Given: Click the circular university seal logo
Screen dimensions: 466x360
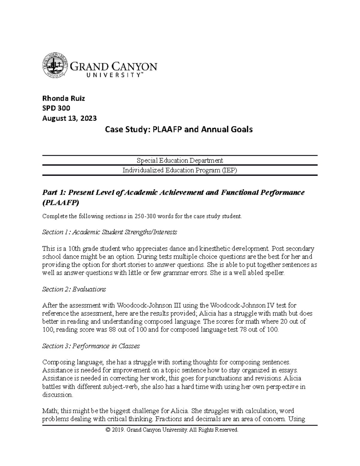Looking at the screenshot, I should click(x=55, y=65).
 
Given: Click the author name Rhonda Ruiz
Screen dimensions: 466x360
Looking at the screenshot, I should click(x=64, y=98).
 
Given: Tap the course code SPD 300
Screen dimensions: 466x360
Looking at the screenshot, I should click(x=56, y=108).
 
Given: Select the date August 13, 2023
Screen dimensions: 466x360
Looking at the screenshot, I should click(x=69, y=118).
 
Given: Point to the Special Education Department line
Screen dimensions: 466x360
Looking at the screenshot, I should click(x=180, y=160).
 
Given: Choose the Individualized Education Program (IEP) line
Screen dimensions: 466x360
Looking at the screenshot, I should click(x=180, y=170).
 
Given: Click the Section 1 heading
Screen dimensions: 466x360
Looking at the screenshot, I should click(x=109, y=232).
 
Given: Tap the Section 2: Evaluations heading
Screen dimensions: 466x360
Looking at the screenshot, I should click(x=74, y=289).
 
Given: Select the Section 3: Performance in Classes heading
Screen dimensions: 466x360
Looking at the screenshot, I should click(x=91, y=346).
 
